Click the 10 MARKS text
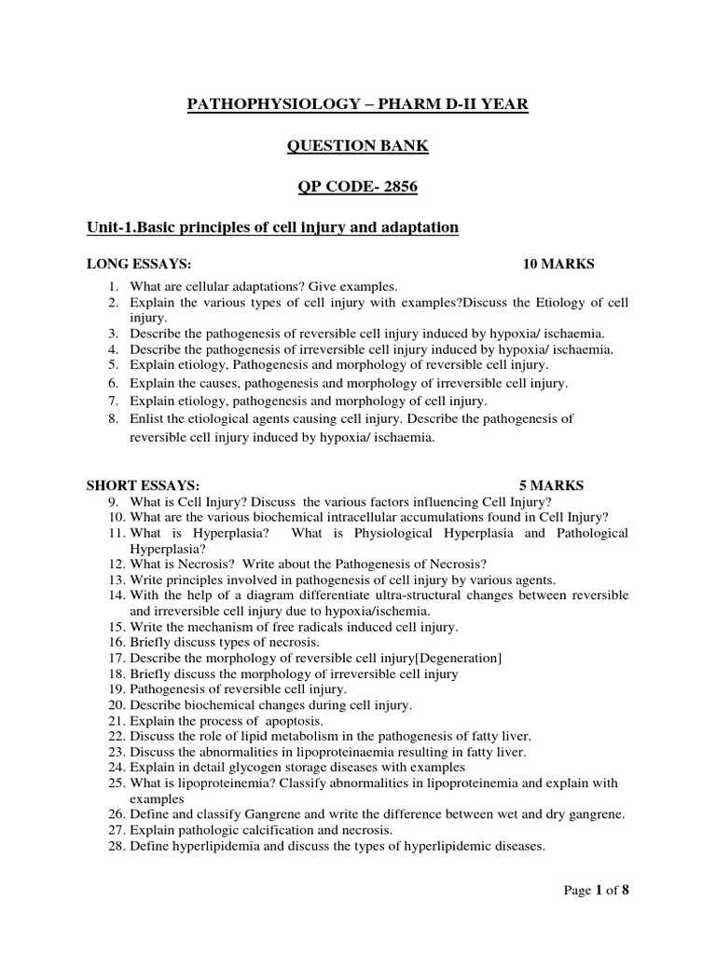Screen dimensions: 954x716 [558, 265]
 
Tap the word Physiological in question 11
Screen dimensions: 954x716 [439, 533]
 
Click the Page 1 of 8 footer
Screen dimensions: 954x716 [598, 892]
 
